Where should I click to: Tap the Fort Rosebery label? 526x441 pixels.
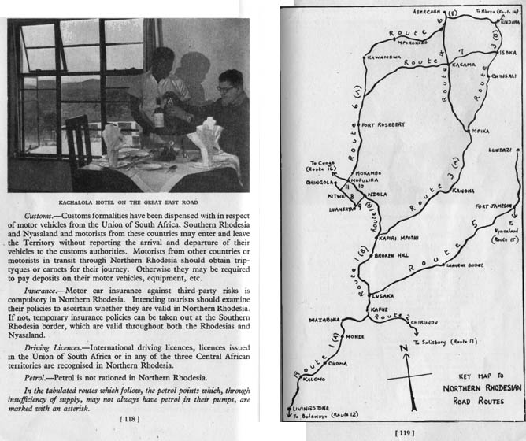pyautogui.click(x=382, y=124)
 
